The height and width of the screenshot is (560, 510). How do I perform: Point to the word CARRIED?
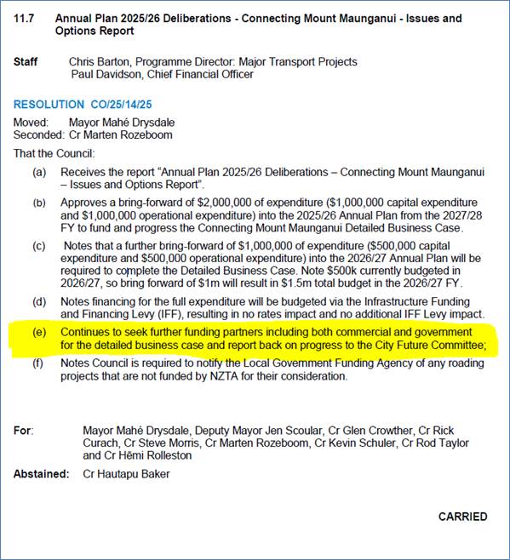click(462, 517)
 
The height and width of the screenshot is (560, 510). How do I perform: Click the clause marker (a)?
click(40, 172)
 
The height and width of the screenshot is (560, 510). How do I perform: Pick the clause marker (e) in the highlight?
click(40, 331)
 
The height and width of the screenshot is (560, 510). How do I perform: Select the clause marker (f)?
click(40, 363)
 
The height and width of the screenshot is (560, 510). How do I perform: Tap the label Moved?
click(32, 123)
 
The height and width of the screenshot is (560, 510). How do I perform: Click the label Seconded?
click(38, 134)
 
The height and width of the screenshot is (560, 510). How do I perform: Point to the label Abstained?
click(41, 474)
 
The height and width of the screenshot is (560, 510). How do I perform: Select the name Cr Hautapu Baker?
click(126, 474)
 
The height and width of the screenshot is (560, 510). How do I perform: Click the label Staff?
click(26, 62)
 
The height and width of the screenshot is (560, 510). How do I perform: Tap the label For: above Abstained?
click(24, 431)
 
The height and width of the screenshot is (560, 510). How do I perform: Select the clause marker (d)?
click(40, 301)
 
